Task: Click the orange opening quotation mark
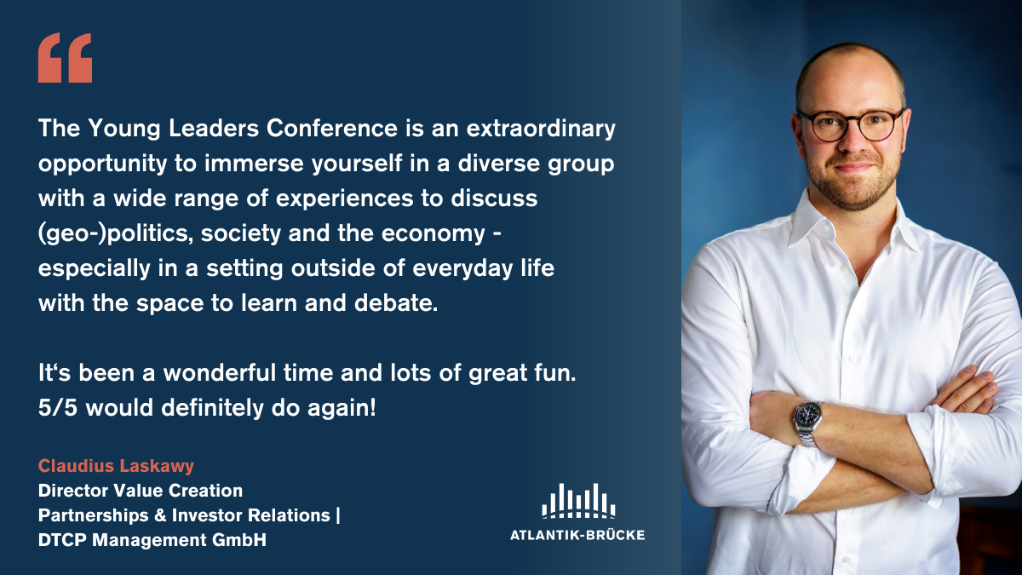point(65,58)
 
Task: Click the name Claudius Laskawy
point(116,466)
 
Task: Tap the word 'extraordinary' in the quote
point(541,129)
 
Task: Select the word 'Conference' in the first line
point(331,128)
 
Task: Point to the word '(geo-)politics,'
point(116,233)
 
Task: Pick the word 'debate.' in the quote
point(395,302)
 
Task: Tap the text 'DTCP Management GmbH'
point(152,540)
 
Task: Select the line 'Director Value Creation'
point(140,491)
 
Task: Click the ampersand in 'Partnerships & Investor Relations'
point(160,515)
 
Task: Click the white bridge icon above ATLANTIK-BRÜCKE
point(578,501)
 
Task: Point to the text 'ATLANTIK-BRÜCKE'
point(577,535)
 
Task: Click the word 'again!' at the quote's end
point(342,408)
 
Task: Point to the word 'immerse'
point(254,164)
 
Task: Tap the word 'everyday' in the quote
point(462,268)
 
